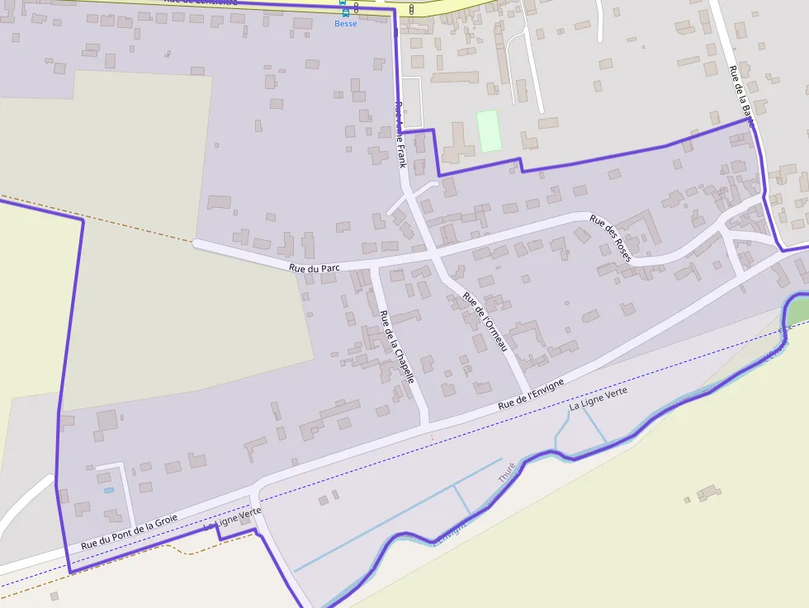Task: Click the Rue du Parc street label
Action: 315,268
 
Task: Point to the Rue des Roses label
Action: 611,238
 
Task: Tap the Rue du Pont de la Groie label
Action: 130,532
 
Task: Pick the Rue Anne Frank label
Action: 401,134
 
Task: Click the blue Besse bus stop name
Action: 346,24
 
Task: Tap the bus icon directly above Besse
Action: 345,12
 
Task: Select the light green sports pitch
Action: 490,130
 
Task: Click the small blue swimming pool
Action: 109,490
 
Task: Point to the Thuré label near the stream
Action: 506,473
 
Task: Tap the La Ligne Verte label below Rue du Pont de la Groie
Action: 232,518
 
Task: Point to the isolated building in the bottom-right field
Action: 708,493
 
